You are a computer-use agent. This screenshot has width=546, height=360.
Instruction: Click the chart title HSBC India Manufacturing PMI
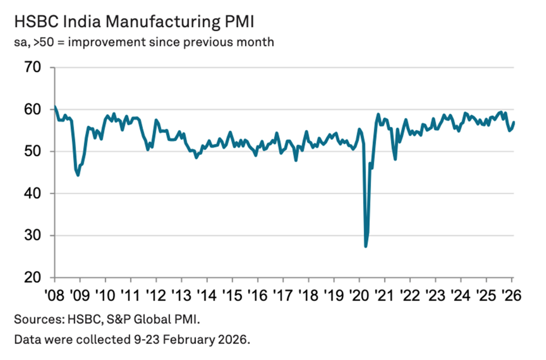pos(133,22)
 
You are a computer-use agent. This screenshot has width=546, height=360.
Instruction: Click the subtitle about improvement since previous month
pos(144,42)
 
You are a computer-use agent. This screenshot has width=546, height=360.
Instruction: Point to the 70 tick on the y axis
pos(39,67)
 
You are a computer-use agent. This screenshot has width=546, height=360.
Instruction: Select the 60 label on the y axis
pos(39,109)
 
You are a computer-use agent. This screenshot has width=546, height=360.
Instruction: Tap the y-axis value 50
pos(39,152)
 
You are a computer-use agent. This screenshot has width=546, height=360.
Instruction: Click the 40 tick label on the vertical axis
pos(39,194)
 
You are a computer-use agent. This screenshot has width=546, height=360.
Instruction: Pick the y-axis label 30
pos(39,236)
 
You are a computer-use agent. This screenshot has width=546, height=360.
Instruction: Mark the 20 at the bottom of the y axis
pos(39,278)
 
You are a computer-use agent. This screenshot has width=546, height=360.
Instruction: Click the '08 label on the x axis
pos(54,294)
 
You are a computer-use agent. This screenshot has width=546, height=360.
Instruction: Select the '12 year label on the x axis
pos(156,294)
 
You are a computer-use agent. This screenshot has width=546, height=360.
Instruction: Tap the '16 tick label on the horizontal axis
pos(257,294)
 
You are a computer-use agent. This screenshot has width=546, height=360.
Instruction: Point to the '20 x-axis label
pos(359,294)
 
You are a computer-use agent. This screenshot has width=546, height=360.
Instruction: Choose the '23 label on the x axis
pos(435,294)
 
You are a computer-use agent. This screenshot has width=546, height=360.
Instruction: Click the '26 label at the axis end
pos(511,294)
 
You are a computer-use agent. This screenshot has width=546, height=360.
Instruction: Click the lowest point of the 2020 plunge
pos(366,246)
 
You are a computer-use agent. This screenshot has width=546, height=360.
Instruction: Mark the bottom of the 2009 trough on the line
pos(78,175)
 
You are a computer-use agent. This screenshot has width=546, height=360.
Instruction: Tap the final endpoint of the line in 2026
pos(514,122)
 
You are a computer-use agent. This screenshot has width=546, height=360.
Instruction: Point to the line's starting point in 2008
pos(55,107)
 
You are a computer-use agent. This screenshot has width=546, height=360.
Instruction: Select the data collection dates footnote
pos(132,340)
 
